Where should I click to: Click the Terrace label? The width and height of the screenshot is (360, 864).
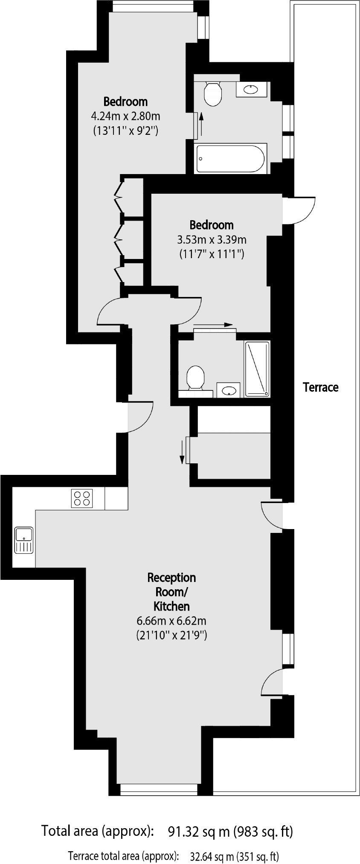[320, 387]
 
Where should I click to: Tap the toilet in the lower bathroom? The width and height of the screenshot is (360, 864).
[196, 378]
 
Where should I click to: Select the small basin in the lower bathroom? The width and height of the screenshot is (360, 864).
[229, 390]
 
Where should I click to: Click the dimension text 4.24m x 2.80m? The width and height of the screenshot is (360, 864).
[125, 116]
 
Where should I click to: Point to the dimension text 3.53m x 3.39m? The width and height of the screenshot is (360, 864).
[212, 239]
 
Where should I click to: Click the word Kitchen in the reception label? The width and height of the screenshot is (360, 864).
[171, 606]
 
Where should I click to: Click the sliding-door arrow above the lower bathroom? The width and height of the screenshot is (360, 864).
[213, 324]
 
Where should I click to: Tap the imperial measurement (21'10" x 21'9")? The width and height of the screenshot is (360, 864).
[172, 635]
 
